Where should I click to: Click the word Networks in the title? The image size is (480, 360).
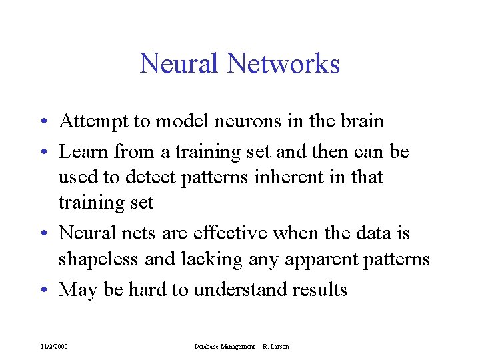[283, 64]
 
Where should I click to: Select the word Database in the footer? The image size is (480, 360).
[209, 347]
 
